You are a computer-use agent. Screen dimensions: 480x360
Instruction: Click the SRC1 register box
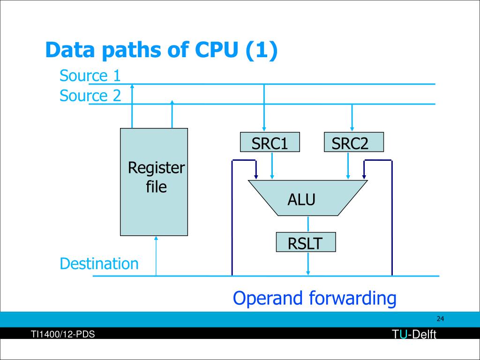coord(270,142)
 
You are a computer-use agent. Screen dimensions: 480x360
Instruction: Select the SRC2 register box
coord(353,142)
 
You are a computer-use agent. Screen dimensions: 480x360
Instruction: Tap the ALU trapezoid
coord(307,198)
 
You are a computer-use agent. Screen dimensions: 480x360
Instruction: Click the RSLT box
coord(306,242)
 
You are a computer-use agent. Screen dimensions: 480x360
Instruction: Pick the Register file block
coord(154,182)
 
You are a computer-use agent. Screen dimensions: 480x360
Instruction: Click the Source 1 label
coord(90,75)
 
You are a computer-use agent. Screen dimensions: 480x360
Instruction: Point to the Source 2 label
coord(90,96)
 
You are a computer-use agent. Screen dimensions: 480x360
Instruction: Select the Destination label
coord(99,263)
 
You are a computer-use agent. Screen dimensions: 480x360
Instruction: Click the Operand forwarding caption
coord(315,298)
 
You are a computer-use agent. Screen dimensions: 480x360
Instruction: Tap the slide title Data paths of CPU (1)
coord(161,50)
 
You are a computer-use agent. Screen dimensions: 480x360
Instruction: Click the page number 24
coord(440,319)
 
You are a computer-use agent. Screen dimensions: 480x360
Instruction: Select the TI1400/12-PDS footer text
coord(63,334)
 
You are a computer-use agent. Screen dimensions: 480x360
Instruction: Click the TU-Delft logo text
coord(414,334)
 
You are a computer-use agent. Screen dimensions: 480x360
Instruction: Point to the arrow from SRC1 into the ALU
coord(272,165)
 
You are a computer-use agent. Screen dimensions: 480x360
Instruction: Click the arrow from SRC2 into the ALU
coord(348,165)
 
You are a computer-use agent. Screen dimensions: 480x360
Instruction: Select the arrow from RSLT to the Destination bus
coord(308,263)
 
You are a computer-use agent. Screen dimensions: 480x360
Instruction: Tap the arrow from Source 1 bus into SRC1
coord(264,108)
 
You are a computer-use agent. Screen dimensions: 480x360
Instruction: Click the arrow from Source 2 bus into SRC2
coord(352,118)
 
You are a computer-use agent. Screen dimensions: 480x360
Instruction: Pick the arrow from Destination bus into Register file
coord(156,256)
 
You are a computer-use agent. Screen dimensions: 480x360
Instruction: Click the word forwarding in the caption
coord(352,298)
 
